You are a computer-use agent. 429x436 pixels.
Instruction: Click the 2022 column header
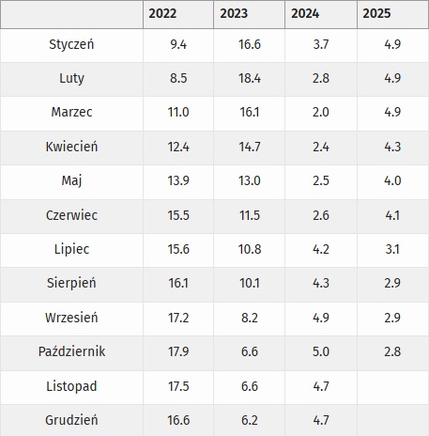[165, 14]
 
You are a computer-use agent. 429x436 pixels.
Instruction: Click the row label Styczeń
[71, 44]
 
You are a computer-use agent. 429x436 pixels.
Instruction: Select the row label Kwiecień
[71, 147]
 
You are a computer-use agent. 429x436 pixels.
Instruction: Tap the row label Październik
[71, 351]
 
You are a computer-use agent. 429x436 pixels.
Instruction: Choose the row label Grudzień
[71, 420]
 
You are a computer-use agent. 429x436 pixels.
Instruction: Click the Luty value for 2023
[249, 79]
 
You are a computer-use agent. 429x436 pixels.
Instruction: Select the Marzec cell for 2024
[320, 113]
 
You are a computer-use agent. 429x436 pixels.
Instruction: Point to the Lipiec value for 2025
[391, 249]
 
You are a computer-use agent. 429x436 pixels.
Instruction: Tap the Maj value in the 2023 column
[249, 180]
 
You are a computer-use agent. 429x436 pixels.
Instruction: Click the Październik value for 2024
[320, 351]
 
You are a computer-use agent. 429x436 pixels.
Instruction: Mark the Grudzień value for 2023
[249, 420]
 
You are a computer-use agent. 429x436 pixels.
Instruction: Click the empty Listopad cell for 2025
[392, 385]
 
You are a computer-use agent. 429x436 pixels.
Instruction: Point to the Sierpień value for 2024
[320, 283]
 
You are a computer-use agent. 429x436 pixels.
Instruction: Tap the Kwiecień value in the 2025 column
[391, 147]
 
